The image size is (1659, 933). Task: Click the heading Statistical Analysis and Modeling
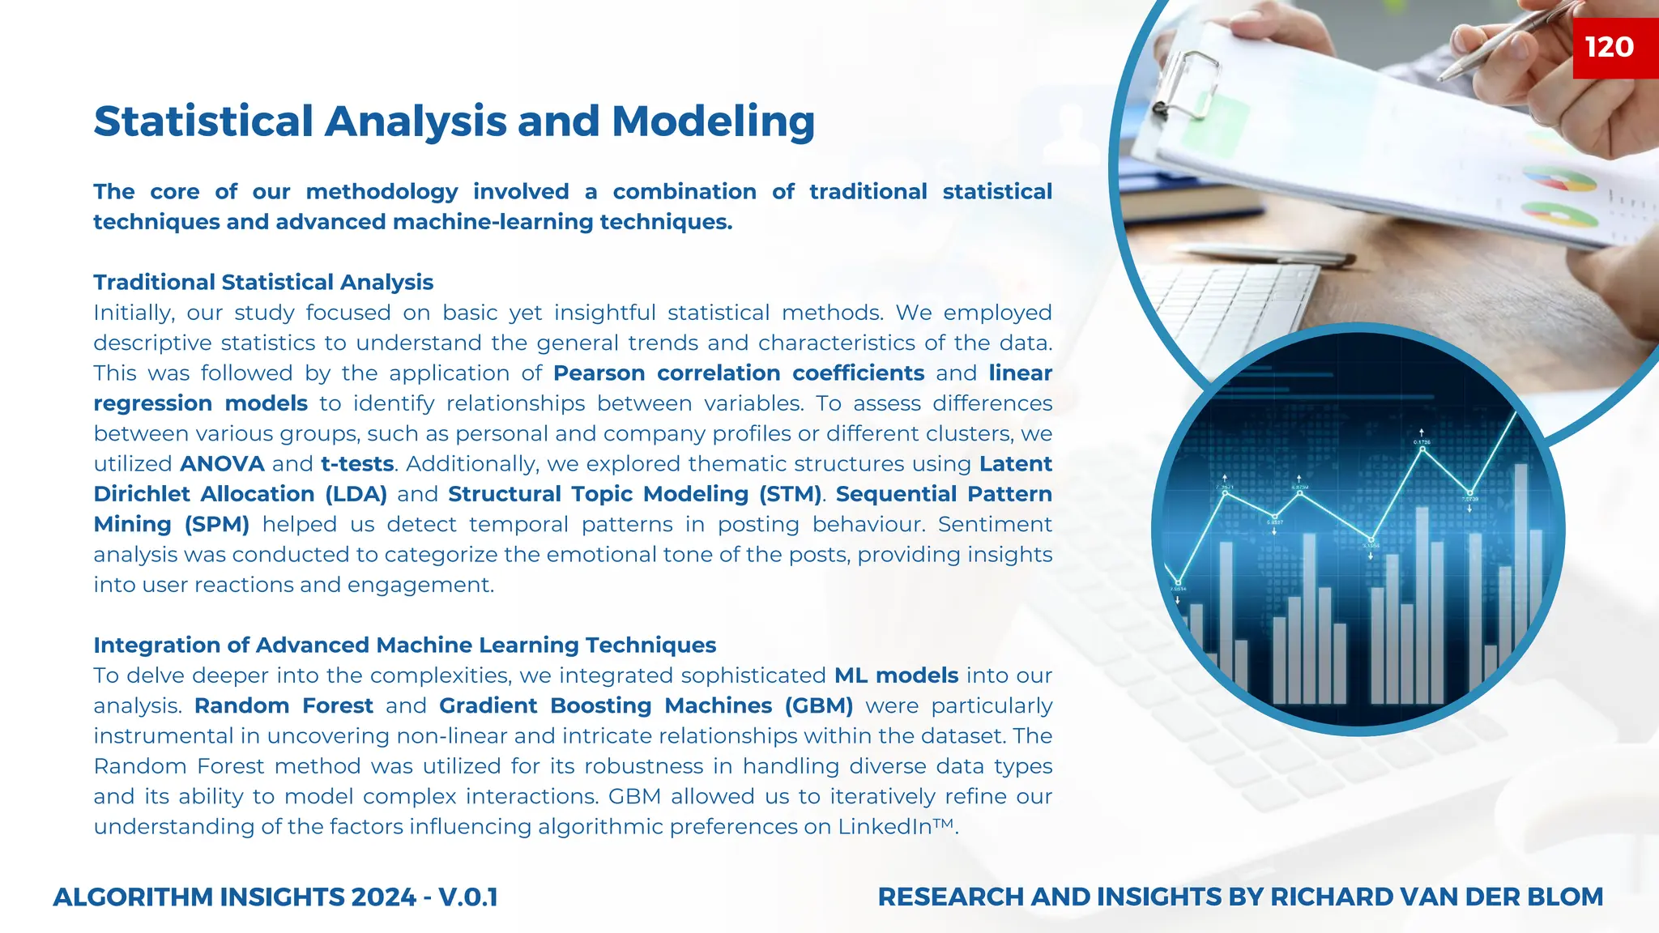click(454, 121)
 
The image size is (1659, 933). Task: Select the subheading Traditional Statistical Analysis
click(263, 282)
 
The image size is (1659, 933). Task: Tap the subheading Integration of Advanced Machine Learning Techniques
click(404, 645)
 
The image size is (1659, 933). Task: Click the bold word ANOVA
click(222, 464)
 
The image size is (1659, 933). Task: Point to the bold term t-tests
click(357, 464)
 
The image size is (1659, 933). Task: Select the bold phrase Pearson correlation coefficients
click(739, 373)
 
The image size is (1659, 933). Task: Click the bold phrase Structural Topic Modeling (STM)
click(635, 494)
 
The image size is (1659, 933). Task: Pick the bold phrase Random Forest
click(284, 705)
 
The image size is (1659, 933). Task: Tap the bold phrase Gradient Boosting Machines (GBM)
click(646, 705)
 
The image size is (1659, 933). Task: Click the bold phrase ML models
click(896, 675)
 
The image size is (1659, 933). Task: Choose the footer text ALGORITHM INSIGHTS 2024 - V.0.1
click(275, 897)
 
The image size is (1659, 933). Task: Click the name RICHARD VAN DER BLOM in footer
click(1436, 897)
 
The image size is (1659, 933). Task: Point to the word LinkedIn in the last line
click(885, 827)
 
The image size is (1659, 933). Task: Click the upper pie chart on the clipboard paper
click(1559, 180)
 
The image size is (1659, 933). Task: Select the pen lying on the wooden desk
click(1264, 254)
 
